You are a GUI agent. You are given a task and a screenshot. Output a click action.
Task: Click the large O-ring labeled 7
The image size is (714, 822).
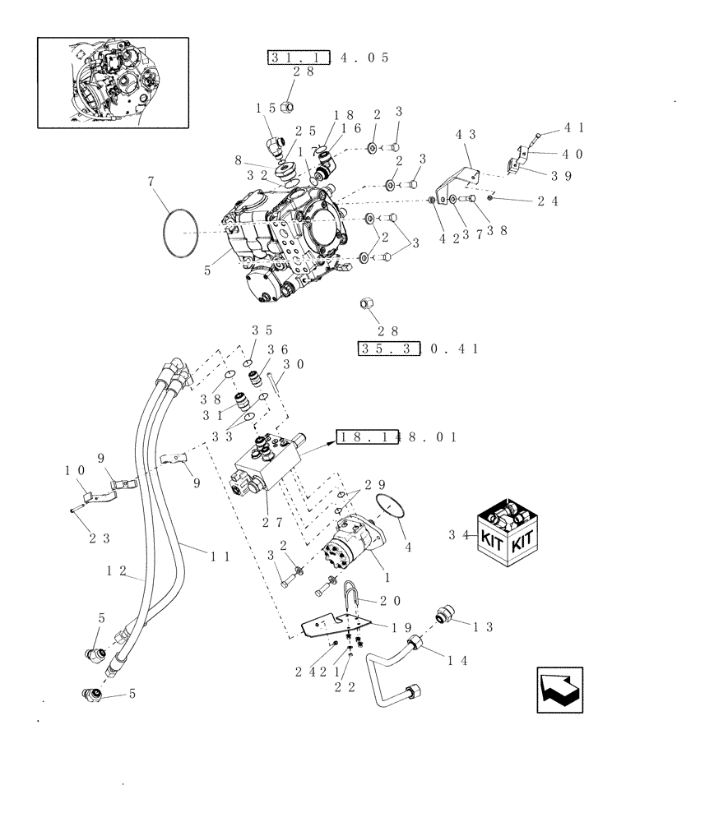[x=180, y=233]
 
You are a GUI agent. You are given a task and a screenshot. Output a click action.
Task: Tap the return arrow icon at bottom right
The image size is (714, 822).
[x=559, y=690]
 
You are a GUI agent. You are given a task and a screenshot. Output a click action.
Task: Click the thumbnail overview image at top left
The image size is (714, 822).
[x=113, y=82]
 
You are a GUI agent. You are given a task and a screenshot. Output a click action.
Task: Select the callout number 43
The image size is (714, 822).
[x=466, y=134]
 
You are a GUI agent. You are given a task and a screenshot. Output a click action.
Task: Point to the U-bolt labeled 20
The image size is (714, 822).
[x=351, y=594]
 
